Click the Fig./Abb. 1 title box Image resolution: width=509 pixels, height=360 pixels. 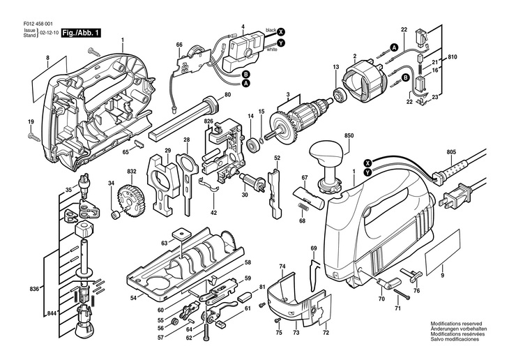pos(81,33)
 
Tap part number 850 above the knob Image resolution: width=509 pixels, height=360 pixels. pos(349,135)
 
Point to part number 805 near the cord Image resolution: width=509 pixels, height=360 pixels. pos(451,151)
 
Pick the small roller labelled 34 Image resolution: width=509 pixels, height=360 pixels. pos(116,215)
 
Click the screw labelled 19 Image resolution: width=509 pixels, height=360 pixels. pos(33,137)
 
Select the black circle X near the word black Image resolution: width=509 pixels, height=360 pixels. pos(281,31)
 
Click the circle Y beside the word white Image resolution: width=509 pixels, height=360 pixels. pos(281,43)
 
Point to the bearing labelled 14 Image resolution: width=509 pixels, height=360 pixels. pos(252,144)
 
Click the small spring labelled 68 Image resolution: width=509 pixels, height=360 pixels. pos(302,207)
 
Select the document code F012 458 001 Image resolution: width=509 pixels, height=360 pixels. pos(38,24)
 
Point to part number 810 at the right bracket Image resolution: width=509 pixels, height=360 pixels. pos(453,57)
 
